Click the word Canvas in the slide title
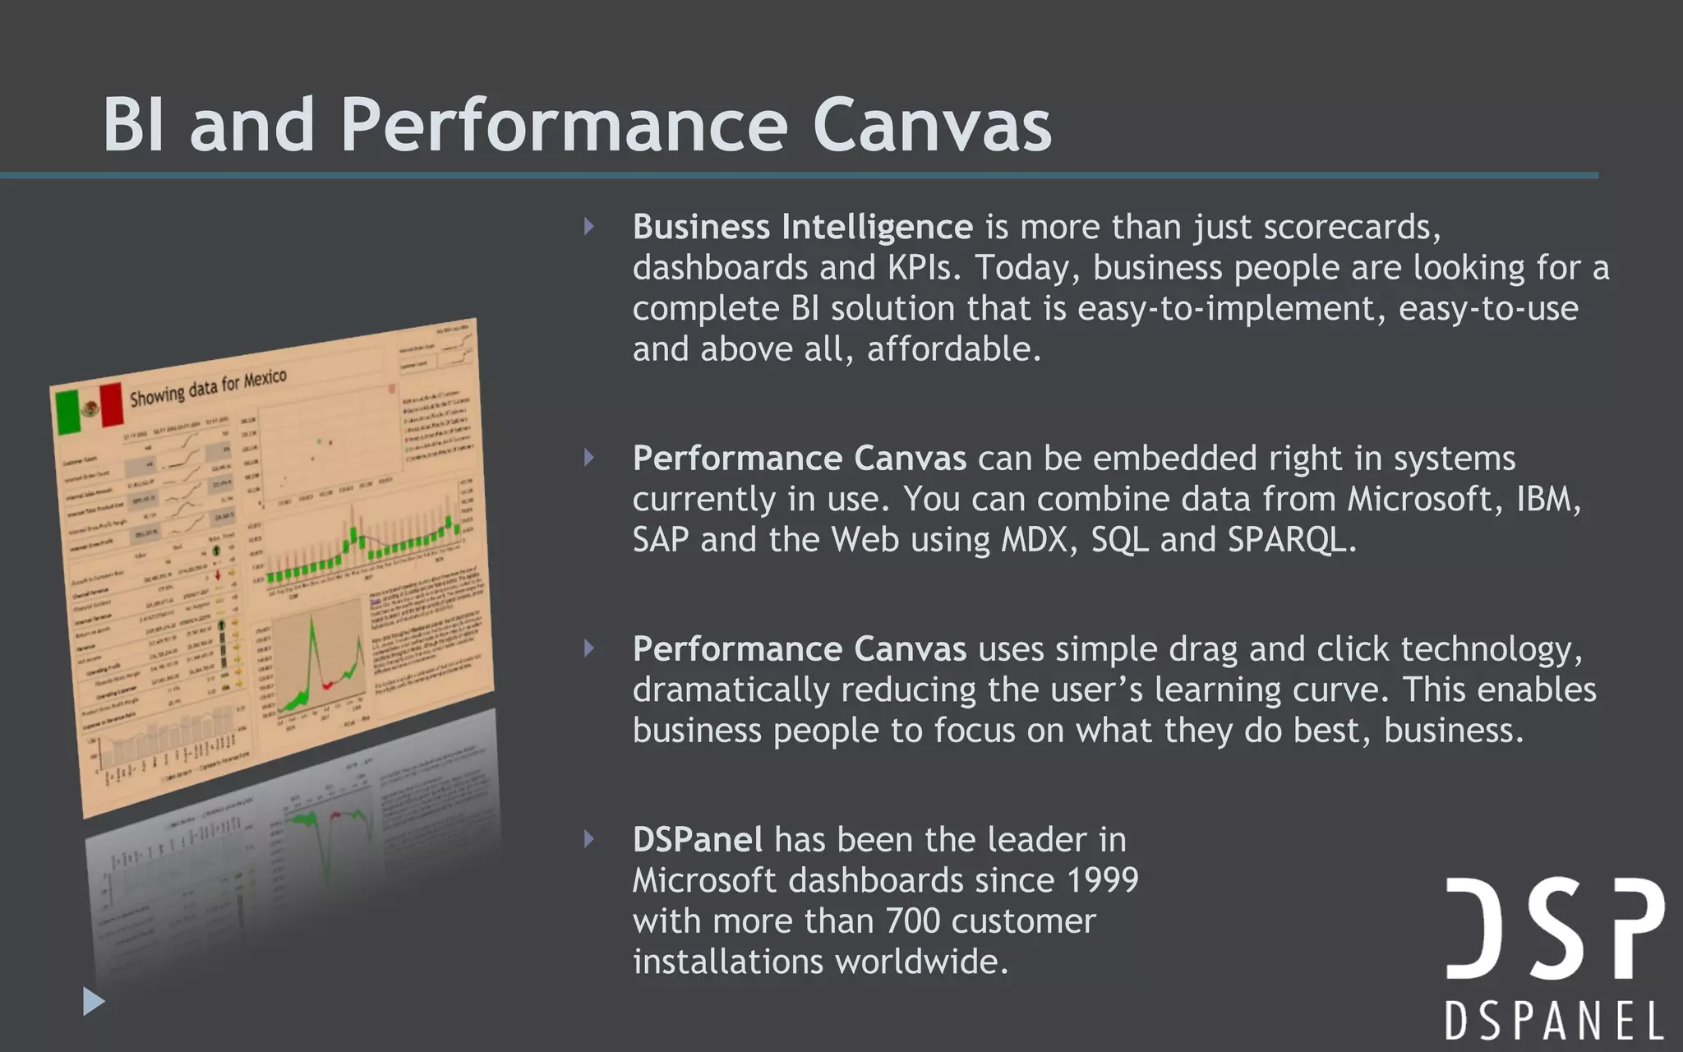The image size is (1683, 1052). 932,125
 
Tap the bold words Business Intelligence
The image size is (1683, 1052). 802,227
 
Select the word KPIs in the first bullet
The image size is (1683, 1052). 923,268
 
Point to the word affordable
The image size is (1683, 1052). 953,349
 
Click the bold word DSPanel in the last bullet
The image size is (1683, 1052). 698,840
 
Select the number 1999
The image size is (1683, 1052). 1102,880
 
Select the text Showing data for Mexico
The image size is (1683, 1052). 208,388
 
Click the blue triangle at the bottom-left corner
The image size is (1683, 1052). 94,1001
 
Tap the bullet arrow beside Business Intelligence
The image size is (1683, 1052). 589,227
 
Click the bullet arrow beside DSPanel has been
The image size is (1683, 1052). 589,839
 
